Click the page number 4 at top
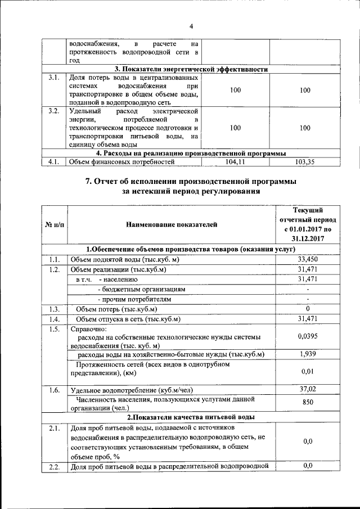point(191,26)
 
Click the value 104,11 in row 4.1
point(236,162)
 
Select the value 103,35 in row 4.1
point(305,162)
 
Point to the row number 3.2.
point(54,111)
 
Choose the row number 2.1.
point(54,429)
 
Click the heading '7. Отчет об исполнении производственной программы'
point(191,181)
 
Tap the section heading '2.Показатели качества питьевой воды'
point(191,417)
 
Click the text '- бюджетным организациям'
point(142,289)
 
